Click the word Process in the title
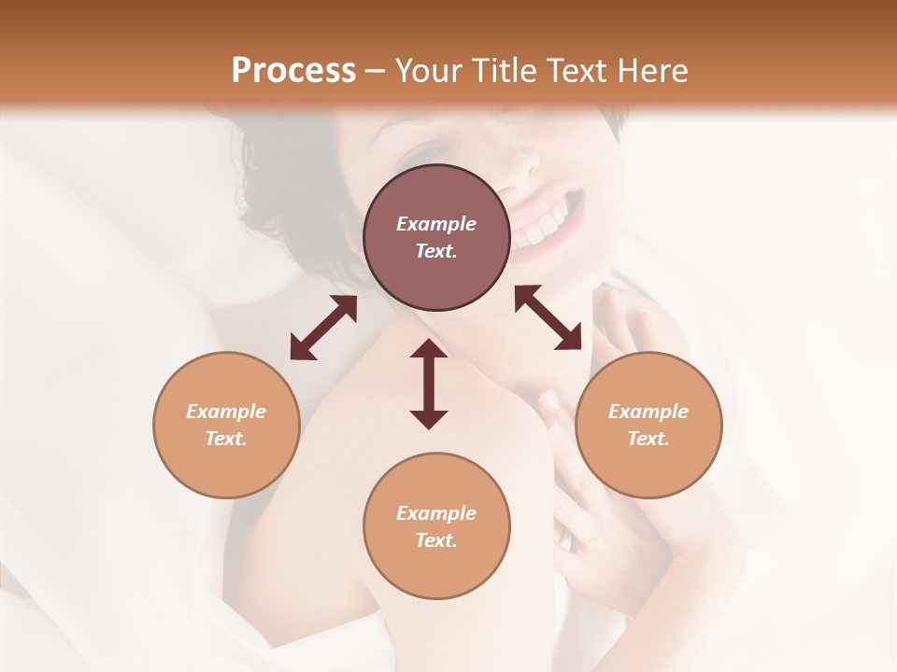point(293,71)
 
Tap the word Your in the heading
point(430,71)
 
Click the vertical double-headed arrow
point(429,384)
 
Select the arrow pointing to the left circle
point(323,328)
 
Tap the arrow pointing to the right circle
point(548,317)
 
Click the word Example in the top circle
point(436,224)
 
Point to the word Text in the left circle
point(226,439)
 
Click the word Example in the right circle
point(648,412)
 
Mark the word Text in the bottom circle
point(436,540)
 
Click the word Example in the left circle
point(226,412)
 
